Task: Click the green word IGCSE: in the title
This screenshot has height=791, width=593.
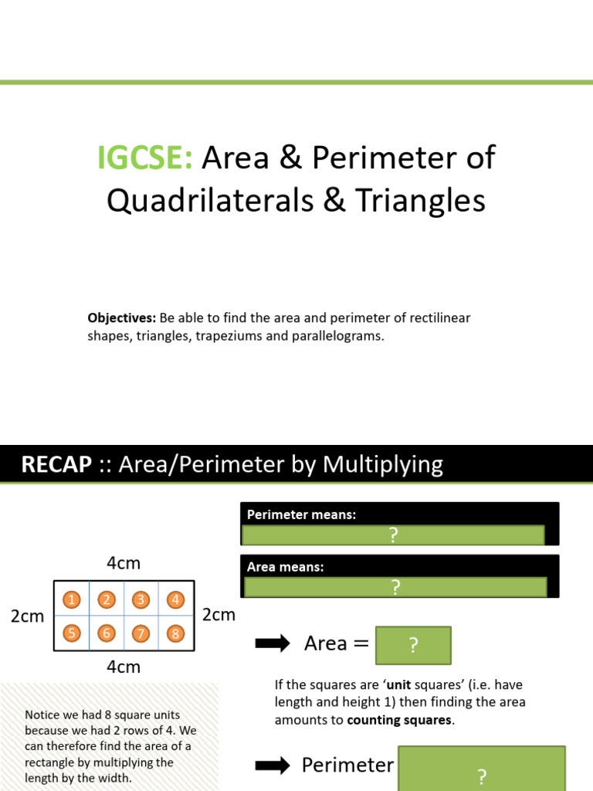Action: tap(144, 158)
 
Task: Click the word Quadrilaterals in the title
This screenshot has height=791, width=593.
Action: tap(210, 200)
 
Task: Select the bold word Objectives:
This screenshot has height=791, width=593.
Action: tap(122, 318)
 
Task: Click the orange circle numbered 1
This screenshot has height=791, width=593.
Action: tap(72, 599)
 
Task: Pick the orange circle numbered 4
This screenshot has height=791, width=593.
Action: tap(175, 599)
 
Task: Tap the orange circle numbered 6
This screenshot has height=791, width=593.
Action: tap(107, 633)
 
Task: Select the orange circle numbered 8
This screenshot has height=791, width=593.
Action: tap(175, 633)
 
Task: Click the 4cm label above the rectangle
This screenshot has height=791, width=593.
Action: tap(124, 563)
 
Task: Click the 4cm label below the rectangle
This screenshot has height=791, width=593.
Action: tap(124, 666)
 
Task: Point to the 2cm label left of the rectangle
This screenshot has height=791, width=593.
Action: tap(27, 616)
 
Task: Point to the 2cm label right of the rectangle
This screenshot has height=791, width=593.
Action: tap(219, 615)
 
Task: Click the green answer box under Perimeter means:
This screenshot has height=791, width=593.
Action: tap(394, 535)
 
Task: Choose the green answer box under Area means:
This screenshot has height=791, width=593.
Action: tap(395, 587)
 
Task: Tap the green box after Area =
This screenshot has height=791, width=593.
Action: tap(413, 645)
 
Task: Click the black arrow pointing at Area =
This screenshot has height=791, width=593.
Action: tap(273, 643)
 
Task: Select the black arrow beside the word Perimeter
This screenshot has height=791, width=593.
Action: tap(273, 766)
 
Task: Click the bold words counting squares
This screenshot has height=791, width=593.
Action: tap(400, 720)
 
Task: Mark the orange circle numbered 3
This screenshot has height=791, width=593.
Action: tap(141, 599)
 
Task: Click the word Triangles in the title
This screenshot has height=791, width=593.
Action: tap(420, 200)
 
